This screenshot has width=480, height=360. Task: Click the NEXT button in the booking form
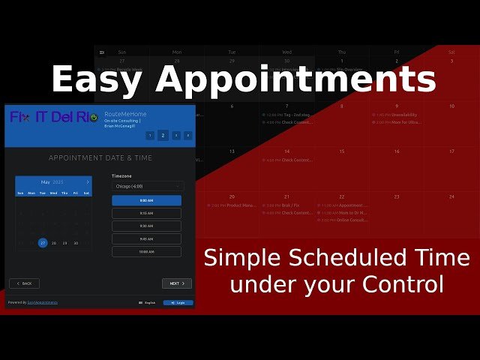click(x=176, y=283)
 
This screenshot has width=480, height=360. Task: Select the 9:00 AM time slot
click(x=146, y=200)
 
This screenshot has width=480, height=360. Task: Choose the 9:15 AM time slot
click(x=146, y=213)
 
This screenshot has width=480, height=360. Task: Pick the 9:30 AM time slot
click(x=146, y=226)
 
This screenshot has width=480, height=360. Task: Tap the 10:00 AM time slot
click(x=146, y=252)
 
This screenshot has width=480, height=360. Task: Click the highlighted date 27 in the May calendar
click(x=43, y=243)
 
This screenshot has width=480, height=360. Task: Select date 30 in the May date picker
click(x=76, y=243)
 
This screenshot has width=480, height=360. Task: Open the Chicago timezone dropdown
click(x=146, y=186)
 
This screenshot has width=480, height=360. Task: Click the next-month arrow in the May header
click(x=87, y=182)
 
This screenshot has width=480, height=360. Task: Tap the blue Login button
click(x=178, y=303)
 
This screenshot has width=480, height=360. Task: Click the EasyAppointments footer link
click(x=42, y=303)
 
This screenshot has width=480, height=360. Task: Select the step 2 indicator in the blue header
click(x=163, y=136)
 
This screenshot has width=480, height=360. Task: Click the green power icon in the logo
click(x=93, y=117)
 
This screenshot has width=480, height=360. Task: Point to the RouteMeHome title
click(x=124, y=114)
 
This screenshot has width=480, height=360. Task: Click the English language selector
click(x=148, y=303)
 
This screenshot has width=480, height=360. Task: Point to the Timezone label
click(x=121, y=175)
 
